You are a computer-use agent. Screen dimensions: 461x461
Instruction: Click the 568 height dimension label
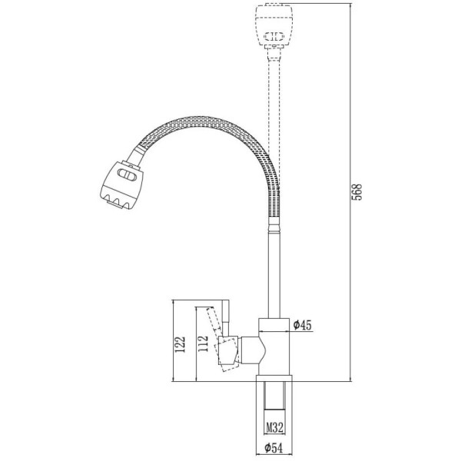tap(357, 192)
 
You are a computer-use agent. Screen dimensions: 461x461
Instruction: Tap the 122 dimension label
tap(180, 344)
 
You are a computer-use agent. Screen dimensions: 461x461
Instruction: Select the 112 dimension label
tap(203, 343)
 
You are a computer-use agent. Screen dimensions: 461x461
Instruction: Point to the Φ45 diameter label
tap(302, 325)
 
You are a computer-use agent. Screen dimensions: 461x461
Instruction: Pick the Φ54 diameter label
tap(274, 448)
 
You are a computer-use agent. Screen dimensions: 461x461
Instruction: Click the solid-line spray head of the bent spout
tap(121, 185)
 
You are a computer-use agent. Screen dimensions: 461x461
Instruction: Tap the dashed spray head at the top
tap(274, 25)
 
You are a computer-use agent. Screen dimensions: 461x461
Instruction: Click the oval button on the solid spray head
tap(128, 174)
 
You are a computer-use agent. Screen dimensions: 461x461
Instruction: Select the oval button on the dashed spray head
tap(274, 36)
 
